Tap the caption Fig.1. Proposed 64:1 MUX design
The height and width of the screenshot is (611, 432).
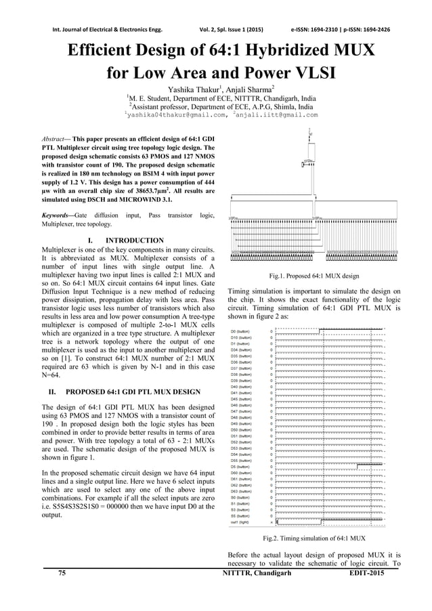tap(314, 276)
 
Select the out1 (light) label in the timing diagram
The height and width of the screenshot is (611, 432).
tap(241, 522)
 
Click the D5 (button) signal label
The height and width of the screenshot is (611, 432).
tap(241, 467)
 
